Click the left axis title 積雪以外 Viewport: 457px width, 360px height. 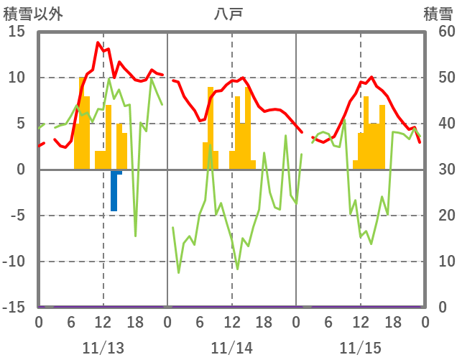[x=28, y=14]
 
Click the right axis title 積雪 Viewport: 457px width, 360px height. [x=438, y=14]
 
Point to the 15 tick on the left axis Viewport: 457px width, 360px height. [x=17, y=32]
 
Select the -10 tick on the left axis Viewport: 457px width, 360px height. [x=14, y=262]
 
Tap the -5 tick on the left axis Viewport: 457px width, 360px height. [x=17, y=216]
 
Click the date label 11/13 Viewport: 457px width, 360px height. [x=103, y=349]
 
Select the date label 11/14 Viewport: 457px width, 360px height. [x=231, y=349]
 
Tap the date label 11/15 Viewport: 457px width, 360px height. [x=360, y=349]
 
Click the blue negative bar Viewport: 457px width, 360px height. [x=114, y=191]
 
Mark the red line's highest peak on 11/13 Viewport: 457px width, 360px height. [x=98, y=43]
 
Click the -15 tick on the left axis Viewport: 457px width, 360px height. [x=14, y=308]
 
